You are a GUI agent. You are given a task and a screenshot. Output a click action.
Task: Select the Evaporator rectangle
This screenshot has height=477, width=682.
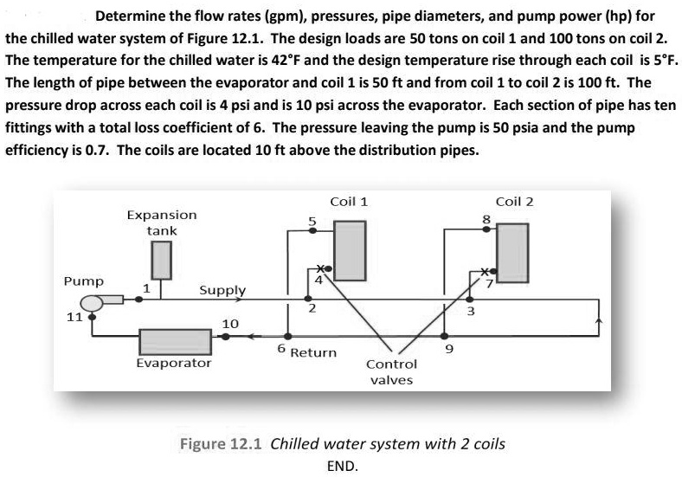[173, 339]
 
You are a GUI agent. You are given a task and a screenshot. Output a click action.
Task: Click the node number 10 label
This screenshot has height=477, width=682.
[230, 323]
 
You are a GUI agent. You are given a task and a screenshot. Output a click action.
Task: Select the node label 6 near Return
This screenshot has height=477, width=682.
[280, 348]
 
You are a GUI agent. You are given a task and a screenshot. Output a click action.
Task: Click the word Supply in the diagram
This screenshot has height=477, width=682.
[222, 290]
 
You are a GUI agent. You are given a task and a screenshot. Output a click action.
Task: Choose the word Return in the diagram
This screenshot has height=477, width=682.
[313, 352]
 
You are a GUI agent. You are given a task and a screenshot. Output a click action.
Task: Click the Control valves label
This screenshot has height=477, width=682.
[390, 372]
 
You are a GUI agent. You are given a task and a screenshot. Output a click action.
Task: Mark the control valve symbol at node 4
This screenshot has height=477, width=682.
[323, 268]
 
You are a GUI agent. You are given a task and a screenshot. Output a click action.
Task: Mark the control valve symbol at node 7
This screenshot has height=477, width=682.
[487, 273]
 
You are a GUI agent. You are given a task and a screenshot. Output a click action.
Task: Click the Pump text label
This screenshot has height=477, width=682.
[84, 281]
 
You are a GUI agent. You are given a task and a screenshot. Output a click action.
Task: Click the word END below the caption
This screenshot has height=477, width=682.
[342, 465]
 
